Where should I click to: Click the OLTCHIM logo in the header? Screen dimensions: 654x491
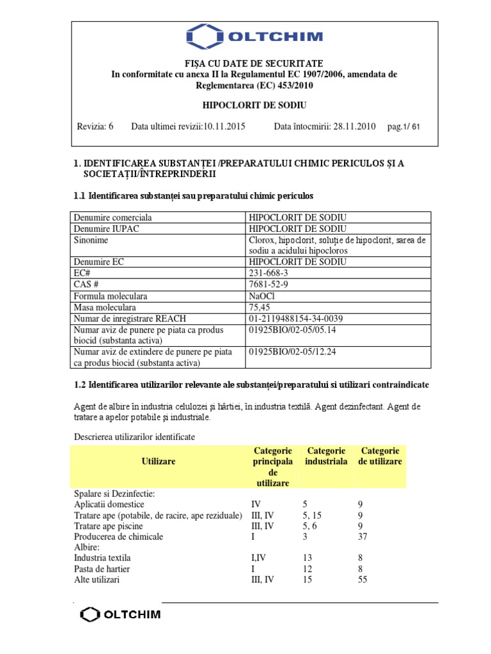coord(254,37)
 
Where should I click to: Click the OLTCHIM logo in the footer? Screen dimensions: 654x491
coord(120,615)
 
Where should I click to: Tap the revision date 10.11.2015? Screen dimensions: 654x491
coord(224,126)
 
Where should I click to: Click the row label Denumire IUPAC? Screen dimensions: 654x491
coord(105,229)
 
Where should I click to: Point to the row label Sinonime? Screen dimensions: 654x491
coord(91,240)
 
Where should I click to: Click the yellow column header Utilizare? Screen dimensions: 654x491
coord(159,460)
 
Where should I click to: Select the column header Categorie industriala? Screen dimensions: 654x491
coord(326,456)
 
